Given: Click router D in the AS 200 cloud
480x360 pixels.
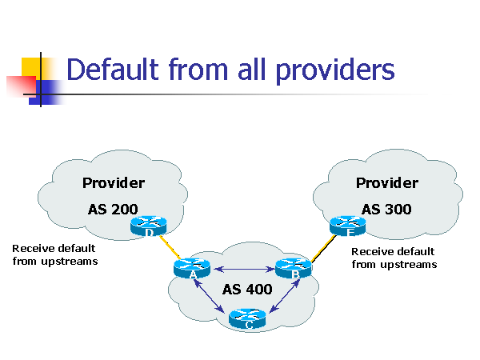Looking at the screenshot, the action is point(149,226).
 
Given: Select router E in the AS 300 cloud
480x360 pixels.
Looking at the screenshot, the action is point(348,226).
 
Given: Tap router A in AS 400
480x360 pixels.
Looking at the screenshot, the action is point(192,269).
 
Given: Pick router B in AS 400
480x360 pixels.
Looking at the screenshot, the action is point(294,269).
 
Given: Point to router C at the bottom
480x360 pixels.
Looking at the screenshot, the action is point(247,318).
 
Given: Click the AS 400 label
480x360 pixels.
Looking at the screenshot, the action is point(247,290).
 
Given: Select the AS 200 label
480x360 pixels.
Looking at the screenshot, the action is point(113,210).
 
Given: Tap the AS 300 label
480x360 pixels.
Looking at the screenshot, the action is point(386,210).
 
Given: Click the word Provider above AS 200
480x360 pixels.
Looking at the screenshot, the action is point(114,183).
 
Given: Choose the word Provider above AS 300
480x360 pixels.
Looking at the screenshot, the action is point(387,183).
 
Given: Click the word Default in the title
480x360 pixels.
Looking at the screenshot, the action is point(113,69).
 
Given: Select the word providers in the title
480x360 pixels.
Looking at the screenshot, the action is point(335,71).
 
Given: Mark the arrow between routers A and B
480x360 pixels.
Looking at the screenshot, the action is point(244,270).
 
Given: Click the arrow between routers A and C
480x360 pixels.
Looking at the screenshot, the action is point(210,296).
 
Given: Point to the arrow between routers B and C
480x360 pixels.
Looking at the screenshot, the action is point(284,296).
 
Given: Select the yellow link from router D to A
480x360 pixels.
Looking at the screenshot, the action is point(170,247).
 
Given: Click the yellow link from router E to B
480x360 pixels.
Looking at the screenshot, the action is point(323,249).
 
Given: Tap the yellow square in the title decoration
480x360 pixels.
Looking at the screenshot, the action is point(30,68).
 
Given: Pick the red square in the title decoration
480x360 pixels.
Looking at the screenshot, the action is point(22,86).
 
